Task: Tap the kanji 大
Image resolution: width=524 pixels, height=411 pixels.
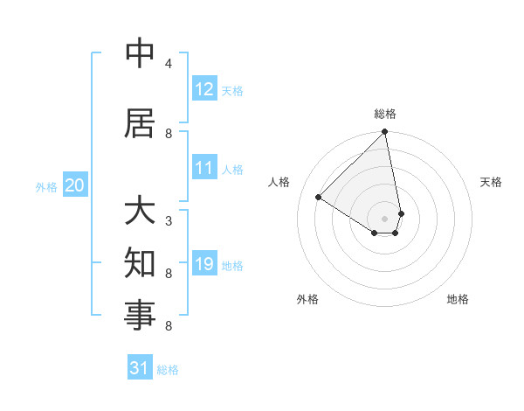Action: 141,212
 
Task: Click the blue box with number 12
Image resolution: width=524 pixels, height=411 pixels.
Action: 204,89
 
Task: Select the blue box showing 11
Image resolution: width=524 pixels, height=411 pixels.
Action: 204,168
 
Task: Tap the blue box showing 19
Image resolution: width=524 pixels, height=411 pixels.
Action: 204,264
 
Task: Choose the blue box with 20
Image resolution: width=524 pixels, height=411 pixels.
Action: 75,185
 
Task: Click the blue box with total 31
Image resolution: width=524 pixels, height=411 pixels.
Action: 140,368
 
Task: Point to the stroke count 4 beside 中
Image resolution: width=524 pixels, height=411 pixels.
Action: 169,64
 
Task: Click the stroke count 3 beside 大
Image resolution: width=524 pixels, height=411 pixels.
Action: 169,221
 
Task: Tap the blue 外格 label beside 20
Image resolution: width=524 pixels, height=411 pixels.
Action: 46,186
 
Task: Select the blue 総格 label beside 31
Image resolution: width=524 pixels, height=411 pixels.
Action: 168,370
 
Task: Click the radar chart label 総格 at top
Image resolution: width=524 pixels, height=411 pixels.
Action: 385,114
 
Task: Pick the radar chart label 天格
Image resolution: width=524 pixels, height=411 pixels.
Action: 492,182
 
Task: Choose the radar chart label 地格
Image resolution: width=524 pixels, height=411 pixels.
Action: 458,299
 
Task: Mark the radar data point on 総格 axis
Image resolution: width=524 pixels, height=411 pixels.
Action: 385,132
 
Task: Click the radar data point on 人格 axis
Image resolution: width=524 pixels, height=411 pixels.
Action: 319,198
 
